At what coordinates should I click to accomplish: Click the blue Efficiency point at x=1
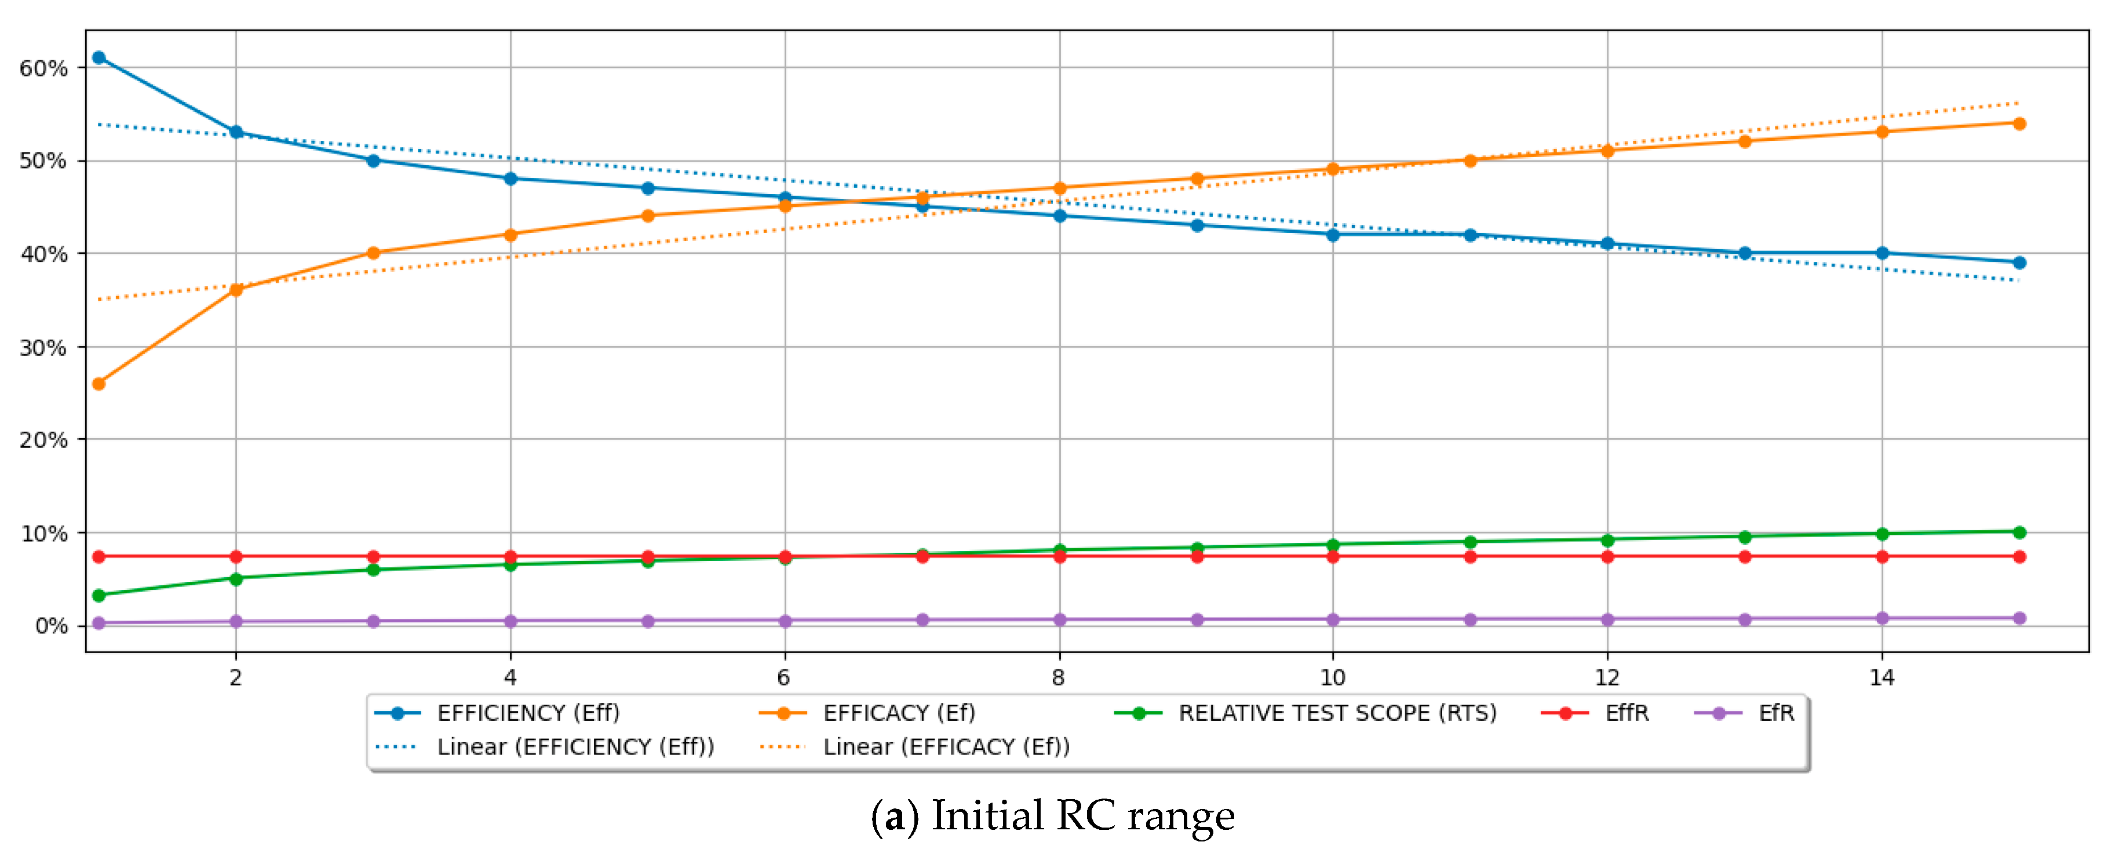99,57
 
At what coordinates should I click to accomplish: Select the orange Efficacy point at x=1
99,384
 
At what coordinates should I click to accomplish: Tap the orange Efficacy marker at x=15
2019,123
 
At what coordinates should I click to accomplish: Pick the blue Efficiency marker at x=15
2019,263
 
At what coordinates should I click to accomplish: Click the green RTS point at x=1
99,595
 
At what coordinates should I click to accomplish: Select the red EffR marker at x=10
1333,556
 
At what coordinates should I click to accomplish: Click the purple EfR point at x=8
1059,620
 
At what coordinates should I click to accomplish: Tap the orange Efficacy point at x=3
373,253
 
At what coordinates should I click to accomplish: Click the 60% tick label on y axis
43,68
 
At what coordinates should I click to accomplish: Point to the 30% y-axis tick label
43,347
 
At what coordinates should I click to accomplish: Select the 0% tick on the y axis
51,626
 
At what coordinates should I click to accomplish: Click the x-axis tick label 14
1881,677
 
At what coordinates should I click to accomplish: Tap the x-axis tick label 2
236,677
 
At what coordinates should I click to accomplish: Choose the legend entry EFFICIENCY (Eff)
528,713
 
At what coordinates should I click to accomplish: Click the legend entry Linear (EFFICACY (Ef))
946,746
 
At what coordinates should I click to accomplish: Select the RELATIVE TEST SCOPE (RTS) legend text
1337,713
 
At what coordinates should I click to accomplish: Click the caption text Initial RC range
1082,815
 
